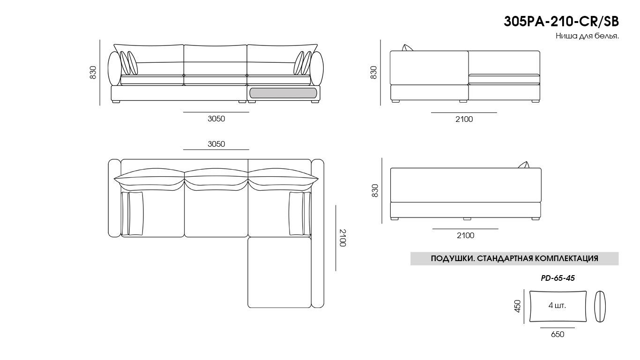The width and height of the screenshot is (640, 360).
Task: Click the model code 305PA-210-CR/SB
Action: pyautogui.click(x=561, y=22)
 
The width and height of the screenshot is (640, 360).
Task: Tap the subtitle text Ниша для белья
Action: pyautogui.click(x=587, y=36)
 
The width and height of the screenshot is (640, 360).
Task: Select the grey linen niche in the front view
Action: pyautogui.click(x=283, y=93)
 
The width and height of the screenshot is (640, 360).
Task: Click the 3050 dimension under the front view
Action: pyautogui.click(x=216, y=119)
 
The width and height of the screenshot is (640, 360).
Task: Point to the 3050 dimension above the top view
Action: pyautogui.click(x=216, y=144)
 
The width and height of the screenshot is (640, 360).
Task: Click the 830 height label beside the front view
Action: pyautogui.click(x=93, y=72)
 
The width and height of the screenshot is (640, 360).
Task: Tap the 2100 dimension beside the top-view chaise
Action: pyautogui.click(x=343, y=238)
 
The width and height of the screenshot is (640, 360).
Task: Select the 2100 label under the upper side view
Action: pyautogui.click(x=464, y=119)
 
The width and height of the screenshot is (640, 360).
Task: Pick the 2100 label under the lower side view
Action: pyautogui.click(x=465, y=235)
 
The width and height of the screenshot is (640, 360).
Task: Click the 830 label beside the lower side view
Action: pyautogui.click(x=374, y=190)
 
